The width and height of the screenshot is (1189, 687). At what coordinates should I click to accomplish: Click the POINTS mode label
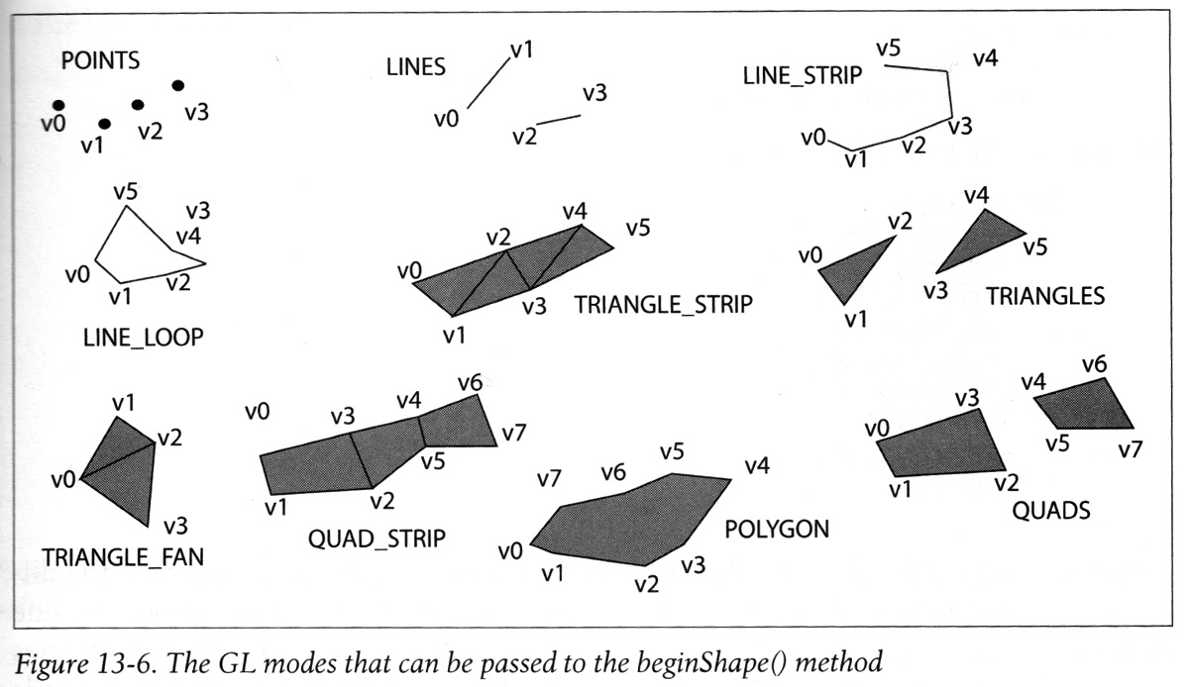pos(100,60)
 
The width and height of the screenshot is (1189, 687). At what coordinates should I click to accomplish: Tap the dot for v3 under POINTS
pos(178,85)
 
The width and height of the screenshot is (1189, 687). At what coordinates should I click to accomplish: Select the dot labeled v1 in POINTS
pos(105,124)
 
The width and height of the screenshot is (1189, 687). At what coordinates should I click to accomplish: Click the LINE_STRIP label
pos(802,76)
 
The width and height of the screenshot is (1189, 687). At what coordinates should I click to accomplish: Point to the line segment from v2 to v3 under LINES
pos(559,120)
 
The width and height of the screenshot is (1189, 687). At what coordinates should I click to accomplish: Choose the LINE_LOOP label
pos(144,338)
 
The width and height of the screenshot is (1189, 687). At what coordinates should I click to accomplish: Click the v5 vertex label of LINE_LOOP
pos(125,191)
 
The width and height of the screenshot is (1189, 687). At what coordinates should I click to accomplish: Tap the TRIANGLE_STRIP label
pos(664,305)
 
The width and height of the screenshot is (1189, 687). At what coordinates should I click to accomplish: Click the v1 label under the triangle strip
pos(455,336)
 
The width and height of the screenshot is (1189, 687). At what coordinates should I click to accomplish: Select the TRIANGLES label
pos(1045,296)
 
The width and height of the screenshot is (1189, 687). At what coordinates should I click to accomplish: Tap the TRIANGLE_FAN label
pos(123,557)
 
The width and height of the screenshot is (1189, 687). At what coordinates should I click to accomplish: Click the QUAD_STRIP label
pos(377,539)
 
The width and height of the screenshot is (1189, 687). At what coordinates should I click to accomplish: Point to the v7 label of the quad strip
pos(514,434)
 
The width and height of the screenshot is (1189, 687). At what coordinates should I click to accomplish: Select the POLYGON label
pos(777,530)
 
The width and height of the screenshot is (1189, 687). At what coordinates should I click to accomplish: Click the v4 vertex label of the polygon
pos(757,466)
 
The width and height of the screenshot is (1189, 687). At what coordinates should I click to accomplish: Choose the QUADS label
pos(1051,511)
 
